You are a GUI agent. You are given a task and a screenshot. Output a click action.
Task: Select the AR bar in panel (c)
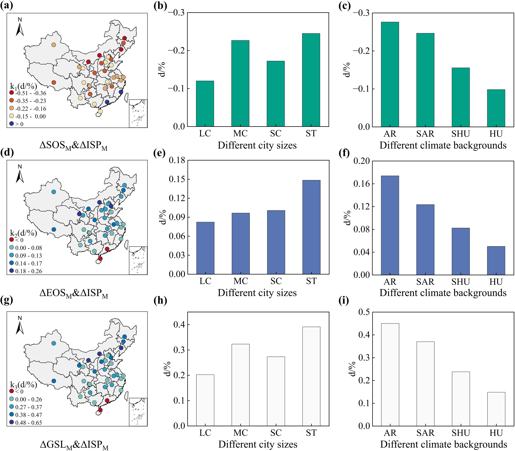(x=390, y=74)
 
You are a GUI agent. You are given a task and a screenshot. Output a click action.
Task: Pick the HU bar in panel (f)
(x=496, y=260)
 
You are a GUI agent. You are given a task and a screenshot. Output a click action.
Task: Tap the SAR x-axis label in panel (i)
(x=425, y=433)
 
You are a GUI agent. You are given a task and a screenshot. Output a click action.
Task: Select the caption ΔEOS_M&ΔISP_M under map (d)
(x=74, y=294)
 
